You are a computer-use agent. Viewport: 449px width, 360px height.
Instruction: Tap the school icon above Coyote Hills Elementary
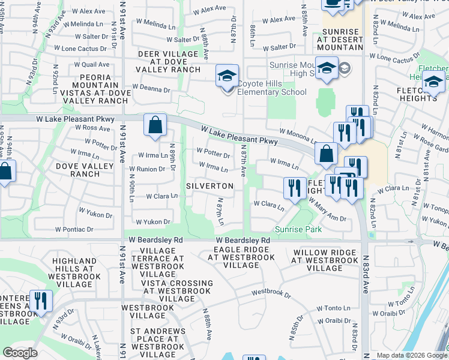click(x=227, y=77)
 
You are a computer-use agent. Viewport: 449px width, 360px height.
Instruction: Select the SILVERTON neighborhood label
click(x=209, y=186)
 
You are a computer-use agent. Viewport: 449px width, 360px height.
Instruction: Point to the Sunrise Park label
click(x=298, y=229)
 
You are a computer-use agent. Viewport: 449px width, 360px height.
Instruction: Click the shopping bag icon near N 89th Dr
click(x=155, y=126)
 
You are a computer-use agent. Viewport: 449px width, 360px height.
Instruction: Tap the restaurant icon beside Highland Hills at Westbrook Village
click(x=41, y=302)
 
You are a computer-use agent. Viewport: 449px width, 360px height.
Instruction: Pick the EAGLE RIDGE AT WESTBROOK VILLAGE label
click(x=241, y=253)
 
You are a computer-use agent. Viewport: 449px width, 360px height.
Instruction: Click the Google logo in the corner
click(x=20, y=353)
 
